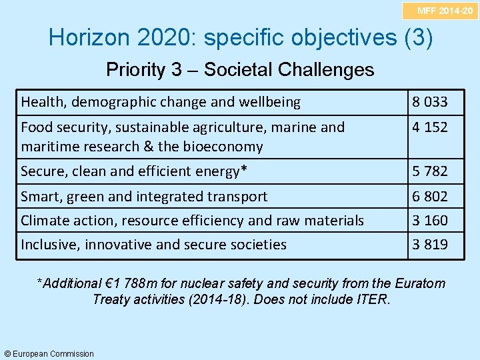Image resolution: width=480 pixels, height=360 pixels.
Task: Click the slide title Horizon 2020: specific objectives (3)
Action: click(241, 37)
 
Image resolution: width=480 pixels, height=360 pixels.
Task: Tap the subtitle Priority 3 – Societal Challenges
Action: click(240, 69)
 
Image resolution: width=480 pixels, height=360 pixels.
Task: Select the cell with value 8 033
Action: click(429, 102)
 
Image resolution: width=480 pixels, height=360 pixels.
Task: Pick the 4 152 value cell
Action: click(429, 127)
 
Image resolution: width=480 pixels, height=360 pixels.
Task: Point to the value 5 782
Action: click(429, 171)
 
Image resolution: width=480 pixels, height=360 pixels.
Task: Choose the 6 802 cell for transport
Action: click(429, 197)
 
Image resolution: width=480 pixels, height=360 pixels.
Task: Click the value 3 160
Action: click(429, 220)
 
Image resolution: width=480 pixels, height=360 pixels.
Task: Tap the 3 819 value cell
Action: click(429, 245)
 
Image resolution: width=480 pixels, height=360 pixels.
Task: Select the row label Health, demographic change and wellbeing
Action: click(161, 102)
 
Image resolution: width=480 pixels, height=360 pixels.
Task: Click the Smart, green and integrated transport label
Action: click(144, 197)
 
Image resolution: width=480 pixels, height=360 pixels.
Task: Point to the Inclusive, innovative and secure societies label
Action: click(153, 245)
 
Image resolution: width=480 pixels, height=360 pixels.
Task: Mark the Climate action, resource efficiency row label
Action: click(192, 220)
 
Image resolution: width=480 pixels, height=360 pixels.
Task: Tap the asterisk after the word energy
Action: click(243, 170)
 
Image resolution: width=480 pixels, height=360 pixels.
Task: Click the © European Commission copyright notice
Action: click(49, 353)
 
